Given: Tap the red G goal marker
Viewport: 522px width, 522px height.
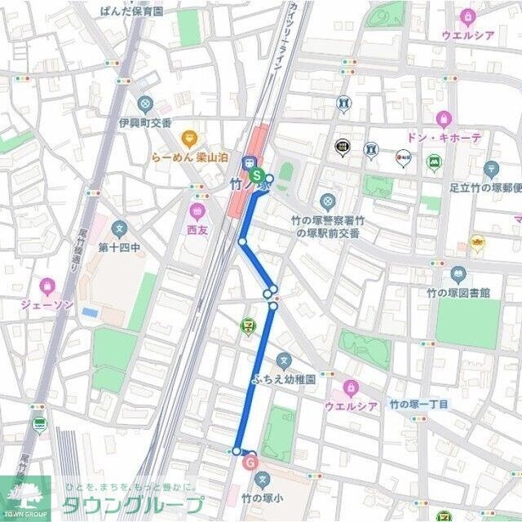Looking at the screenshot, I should (250, 462).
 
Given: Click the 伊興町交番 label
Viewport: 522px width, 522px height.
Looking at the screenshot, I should (144, 122).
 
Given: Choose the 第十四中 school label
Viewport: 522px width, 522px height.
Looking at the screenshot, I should (120, 246).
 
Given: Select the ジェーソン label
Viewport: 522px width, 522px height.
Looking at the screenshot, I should (46, 304).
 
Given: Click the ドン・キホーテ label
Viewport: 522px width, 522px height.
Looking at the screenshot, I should (444, 138).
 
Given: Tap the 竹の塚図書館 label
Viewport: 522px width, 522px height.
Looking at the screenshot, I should (458, 292).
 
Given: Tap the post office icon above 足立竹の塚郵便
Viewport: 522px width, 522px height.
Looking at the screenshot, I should (490, 169).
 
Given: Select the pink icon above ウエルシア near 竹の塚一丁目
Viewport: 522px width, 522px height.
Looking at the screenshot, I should (351, 387).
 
